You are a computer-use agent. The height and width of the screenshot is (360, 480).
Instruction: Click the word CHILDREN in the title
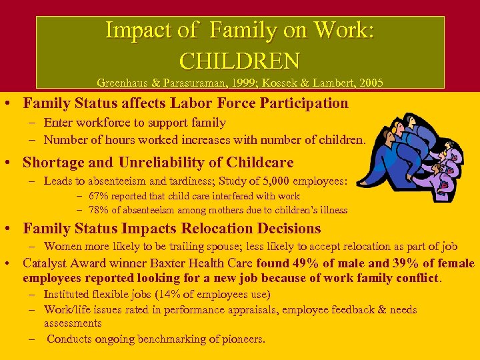pyautogui.click(x=239, y=61)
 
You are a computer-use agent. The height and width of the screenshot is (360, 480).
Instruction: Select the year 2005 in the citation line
pyautogui.click(x=370, y=83)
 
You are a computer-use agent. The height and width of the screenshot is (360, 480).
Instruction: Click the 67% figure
pyautogui.click(x=99, y=196)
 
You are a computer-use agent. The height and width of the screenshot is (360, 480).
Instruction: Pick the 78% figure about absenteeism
pyautogui.click(x=99, y=210)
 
